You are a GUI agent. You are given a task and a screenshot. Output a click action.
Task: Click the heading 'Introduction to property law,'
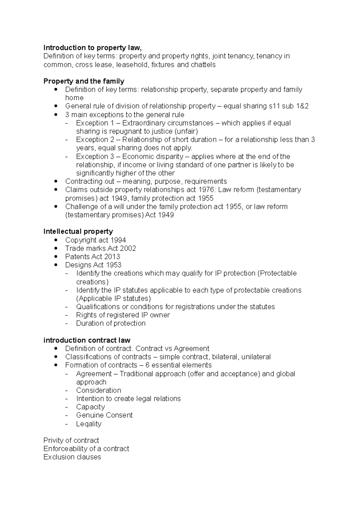click(x=92, y=48)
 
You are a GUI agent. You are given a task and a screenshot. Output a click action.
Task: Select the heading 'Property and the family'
click(x=84, y=81)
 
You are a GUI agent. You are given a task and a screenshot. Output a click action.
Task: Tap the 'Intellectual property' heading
click(x=78, y=231)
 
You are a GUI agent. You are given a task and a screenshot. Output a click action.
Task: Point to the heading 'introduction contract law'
click(x=87, y=340)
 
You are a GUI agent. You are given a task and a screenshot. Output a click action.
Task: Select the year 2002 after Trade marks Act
click(x=128, y=249)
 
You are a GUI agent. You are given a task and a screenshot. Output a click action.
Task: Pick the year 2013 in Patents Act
click(x=112, y=257)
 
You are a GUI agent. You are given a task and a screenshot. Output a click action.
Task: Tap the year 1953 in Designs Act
click(x=113, y=265)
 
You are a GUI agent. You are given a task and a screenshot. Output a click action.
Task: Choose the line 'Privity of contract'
click(x=71, y=440)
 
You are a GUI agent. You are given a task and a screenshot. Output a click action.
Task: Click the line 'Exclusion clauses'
click(x=72, y=457)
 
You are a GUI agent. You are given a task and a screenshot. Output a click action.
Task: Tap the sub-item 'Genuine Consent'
click(x=104, y=415)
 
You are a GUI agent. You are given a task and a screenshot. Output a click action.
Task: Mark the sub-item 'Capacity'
click(x=90, y=407)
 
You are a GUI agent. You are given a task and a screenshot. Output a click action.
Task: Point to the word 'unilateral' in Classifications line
click(x=256, y=357)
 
